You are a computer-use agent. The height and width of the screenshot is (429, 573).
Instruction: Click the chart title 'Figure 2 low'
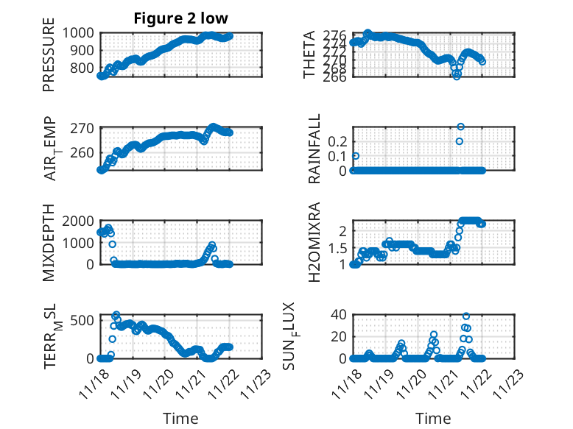(180, 18)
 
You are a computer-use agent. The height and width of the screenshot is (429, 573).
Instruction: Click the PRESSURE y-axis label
(49, 60)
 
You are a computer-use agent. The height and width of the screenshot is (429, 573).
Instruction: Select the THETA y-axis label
(309, 54)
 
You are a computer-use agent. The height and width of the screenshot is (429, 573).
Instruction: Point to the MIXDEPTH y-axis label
(49, 243)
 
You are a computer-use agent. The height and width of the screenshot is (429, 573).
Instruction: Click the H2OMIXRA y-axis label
(314, 243)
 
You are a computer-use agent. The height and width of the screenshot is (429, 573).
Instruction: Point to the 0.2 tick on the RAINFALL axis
(337, 141)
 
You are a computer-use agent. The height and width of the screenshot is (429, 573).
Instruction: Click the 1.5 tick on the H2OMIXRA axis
(337, 248)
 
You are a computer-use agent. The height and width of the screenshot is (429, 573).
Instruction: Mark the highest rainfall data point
(461, 127)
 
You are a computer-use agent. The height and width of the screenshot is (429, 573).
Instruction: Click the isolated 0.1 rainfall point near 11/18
(356, 156)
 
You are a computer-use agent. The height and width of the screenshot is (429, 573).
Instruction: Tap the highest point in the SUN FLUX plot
(465, 316)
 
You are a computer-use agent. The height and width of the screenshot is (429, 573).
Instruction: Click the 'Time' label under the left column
(180, 419)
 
